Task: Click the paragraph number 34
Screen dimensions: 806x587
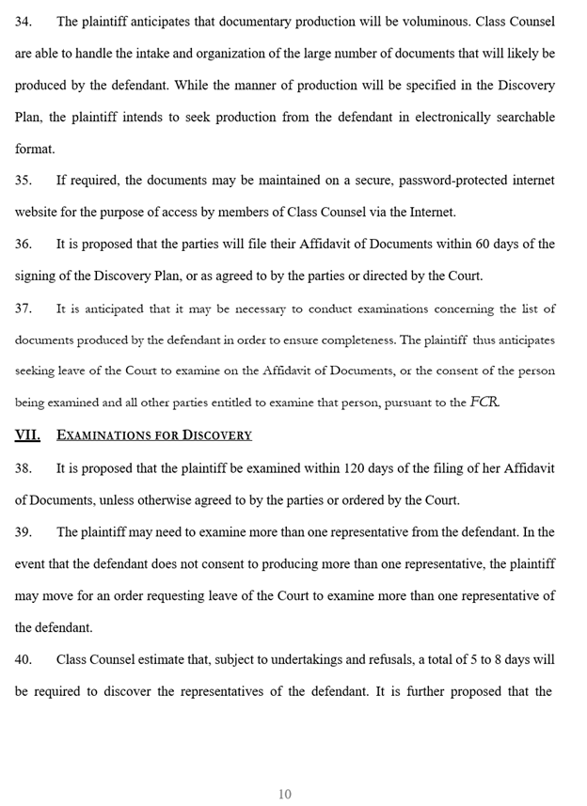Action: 23,22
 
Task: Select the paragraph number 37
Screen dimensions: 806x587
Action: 23,308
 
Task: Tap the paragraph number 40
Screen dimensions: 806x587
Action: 23,659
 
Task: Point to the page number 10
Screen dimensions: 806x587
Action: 284,794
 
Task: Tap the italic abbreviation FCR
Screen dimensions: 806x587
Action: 484,403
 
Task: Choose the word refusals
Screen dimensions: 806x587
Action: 358,659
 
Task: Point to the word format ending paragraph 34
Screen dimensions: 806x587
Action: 35,150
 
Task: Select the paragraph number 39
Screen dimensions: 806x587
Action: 23,531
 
